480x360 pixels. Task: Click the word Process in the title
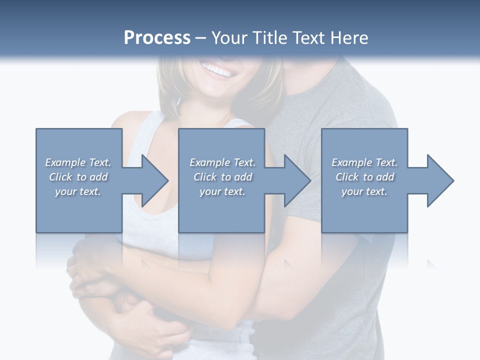[x=157, y=38]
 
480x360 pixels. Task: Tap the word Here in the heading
[x=348, y=38]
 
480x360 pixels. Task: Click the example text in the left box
[x=78, y=177]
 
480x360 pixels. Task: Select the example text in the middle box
[x=222, y=177]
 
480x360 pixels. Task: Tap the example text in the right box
[x=364, y=177]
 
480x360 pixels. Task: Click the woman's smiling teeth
[x=217, y=70]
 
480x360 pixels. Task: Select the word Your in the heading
[x=228, y=38]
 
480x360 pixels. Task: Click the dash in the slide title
[x=201, y=38]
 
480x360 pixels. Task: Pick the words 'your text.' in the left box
[x=78, y=191]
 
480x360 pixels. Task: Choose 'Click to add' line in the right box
[x=364, y=177]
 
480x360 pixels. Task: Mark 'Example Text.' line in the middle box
[x=222, y=162]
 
